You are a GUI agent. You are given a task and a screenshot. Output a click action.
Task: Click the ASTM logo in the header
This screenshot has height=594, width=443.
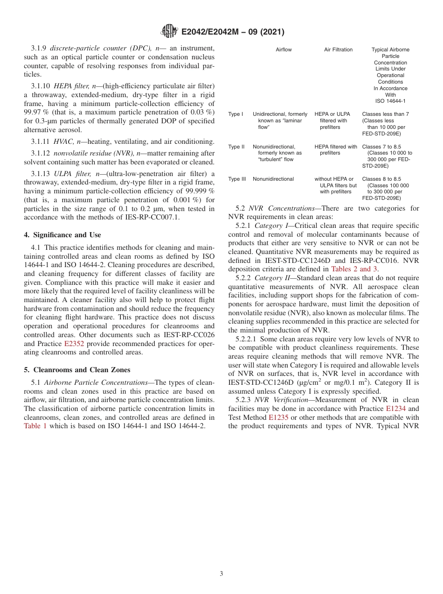click(x=169, y=32)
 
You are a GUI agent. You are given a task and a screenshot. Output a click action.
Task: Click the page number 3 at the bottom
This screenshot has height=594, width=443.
click(x=221, y=574)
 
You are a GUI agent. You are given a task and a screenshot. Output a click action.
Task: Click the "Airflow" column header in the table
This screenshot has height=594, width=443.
click(x=284, y=49)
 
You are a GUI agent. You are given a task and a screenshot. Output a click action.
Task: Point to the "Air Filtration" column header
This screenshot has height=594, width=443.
click(x=338, y=49)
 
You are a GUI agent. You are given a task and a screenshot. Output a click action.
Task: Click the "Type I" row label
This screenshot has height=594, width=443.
click(x=235, y=114)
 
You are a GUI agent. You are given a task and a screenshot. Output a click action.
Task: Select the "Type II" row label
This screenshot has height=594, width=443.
click(x=236, y=147)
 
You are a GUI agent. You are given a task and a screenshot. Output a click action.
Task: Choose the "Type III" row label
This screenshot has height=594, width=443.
click(x=237, y=179)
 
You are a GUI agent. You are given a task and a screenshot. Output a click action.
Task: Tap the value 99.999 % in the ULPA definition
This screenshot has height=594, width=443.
click(x=200, y=191)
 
